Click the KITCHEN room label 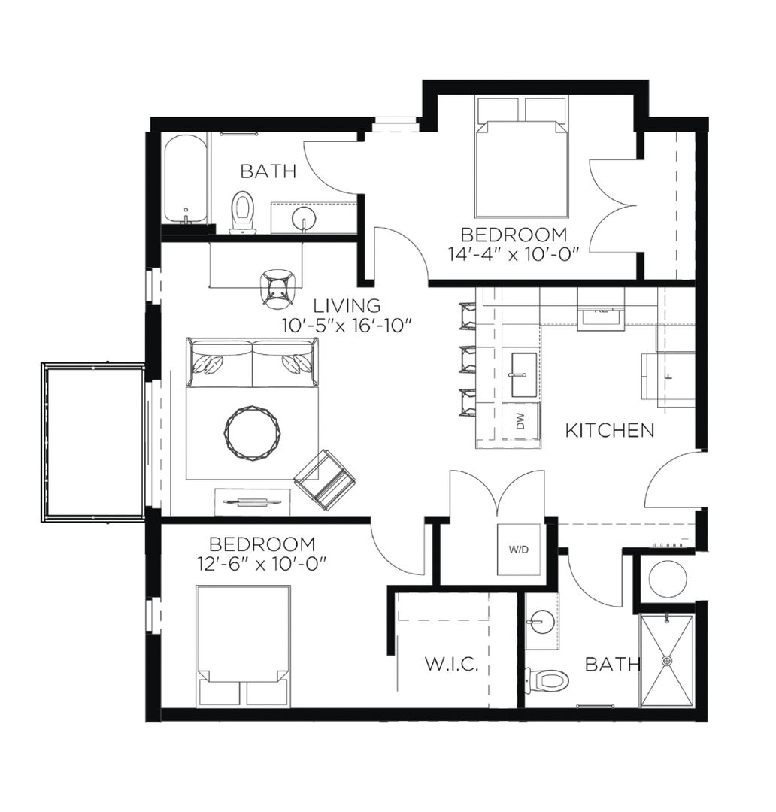coord(609,430)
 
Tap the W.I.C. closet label coord(452,665)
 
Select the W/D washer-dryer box coord(519,550)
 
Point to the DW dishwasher coord(521,420)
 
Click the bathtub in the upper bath coord(186,180)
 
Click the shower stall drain coord(667,661)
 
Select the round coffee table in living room coord(252,433)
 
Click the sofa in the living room coord(253,362)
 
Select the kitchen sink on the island coord(523,375)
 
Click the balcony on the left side coord(93,443)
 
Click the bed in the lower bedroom coord(244,647)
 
